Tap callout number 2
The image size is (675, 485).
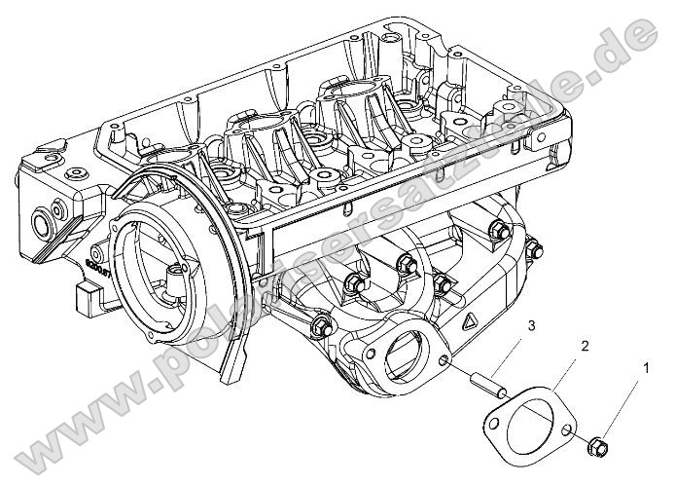click(x=586, y=346)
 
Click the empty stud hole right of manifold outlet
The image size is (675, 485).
click(x=444, y=363)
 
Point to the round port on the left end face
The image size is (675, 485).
click(x=42, y=228)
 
